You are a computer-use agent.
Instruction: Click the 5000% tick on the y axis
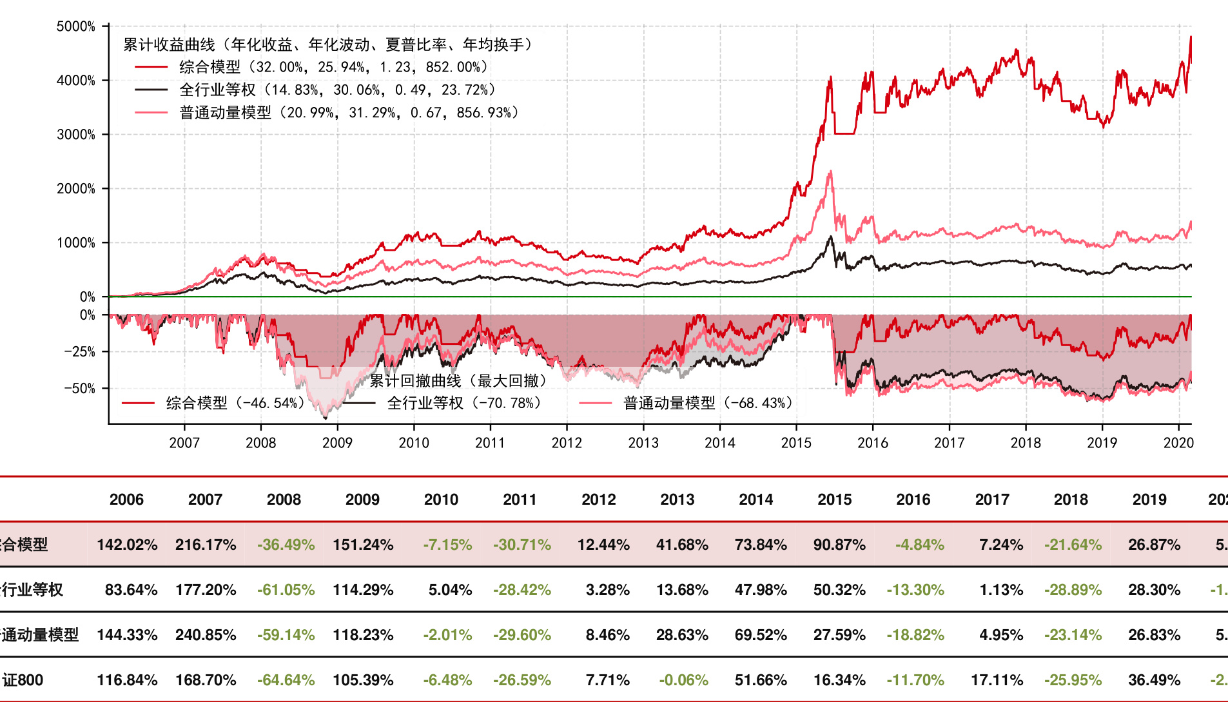[x=76, y=26]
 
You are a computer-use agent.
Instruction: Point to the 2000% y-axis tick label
[x=76, y=189]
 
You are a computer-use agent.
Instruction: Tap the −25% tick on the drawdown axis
[x=79, y=352]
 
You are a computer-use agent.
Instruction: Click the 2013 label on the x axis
[x=643, y=443]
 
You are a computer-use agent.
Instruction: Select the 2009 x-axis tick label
[x=337, y=443]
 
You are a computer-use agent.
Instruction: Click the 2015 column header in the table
[x=835, y=500]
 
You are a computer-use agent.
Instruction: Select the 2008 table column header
[x=284, y=500]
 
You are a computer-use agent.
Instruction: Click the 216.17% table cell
[x=206, y=545]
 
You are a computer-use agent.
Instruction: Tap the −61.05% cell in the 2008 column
[x=286, y=590]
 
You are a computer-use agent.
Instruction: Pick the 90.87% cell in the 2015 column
[x=839, y=545]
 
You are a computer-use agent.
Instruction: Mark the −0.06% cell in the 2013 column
[x=683, y=680]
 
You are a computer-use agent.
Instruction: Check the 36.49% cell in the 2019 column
[x=1154, y=680]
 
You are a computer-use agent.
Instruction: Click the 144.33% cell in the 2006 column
[x=127, y=635]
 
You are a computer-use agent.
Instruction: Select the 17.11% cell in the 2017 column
[x=997, y=680]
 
